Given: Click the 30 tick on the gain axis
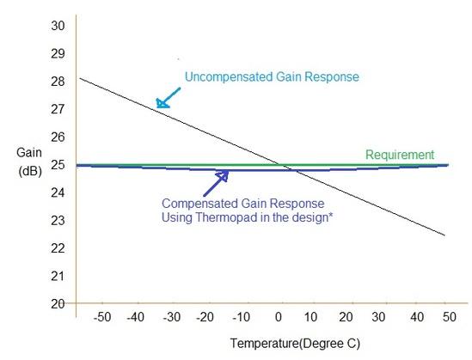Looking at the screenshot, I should pos(58,26).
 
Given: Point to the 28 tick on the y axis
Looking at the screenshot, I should pos(58,82).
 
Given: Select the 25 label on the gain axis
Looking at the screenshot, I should pos(58,165).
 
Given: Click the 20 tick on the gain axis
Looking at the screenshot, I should pos(58,303).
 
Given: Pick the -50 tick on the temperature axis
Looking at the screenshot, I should pos(102,318).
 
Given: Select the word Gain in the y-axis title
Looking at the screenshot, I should pos(28,152).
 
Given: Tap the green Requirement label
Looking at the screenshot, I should pos(399,155).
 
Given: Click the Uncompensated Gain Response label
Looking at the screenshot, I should pos(271,76).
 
